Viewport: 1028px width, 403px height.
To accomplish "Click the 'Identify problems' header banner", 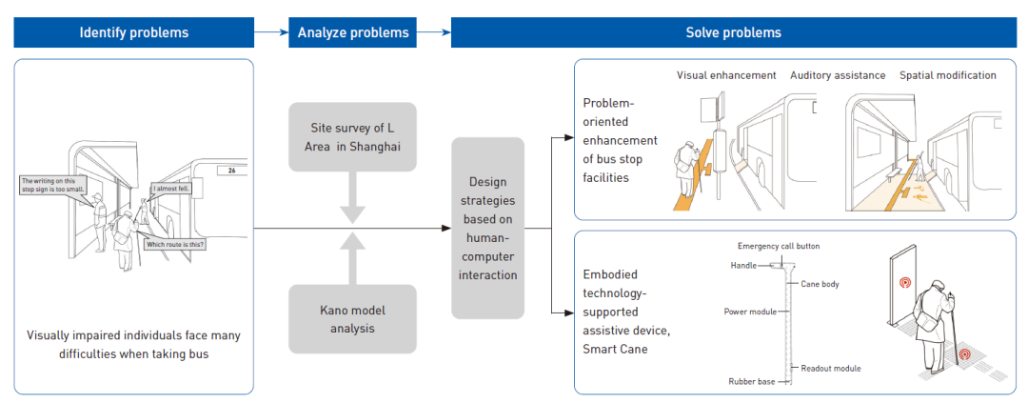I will tap(133, 32).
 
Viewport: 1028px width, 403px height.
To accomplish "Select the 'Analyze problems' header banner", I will tap(353, 32).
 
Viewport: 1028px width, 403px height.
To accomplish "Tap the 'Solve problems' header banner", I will tap(733, 32).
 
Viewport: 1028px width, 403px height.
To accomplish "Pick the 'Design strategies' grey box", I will tap(486, 228).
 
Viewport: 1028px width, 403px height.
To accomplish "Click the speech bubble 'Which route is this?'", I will tap(174, 244).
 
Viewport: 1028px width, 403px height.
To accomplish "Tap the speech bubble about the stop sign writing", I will tap(53, 184).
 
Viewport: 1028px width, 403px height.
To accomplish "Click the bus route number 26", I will tap(229, 171).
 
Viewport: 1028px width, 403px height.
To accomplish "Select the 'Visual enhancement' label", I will tap(726, 75).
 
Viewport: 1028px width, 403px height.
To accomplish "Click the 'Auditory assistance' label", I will tap(838, 75).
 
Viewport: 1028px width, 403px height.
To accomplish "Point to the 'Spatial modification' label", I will tap(947, 75).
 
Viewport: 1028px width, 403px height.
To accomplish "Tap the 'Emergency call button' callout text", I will tap(779, 246).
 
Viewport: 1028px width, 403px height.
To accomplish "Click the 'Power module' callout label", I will tap(749, 312).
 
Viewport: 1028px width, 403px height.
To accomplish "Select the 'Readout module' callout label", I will tap(831, 367).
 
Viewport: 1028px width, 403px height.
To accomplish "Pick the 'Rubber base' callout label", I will tap(750, 382).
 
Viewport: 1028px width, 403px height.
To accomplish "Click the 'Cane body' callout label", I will tap(819, 284).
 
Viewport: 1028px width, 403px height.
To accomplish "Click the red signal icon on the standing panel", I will tap(904, 283).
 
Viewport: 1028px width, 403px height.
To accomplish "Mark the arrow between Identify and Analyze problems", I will tap(270, 32).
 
